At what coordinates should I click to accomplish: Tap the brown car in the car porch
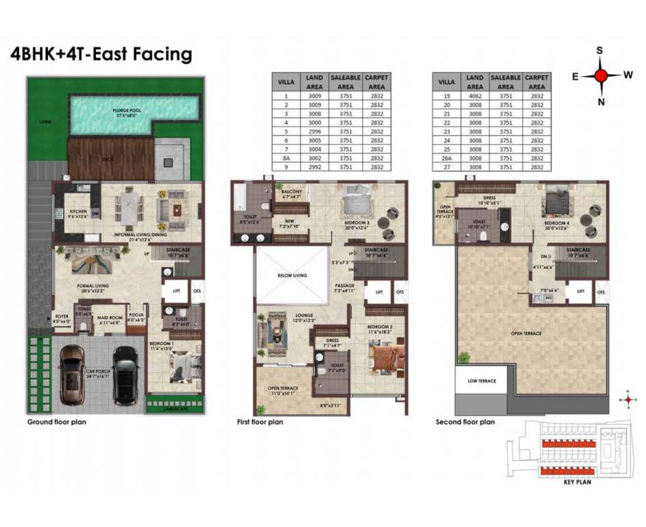(71, 375)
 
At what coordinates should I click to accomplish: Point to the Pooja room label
(136, 317)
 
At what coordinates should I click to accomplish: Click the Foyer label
(62, 318)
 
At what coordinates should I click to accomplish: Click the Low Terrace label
(481, 381)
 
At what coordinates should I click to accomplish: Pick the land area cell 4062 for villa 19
(475, 96)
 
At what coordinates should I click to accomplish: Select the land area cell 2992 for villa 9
(314, 167)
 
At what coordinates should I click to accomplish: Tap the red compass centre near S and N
(601, 75)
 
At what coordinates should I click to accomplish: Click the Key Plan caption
(577, 482)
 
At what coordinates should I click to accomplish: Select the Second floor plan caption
(465, 422)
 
